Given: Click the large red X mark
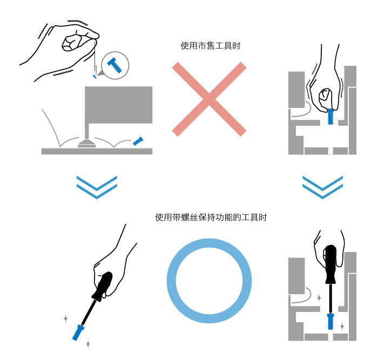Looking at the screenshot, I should tap(209, 98).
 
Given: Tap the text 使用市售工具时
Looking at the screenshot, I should tap(210, 46).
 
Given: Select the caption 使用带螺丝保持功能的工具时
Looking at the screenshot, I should tap(211, 218).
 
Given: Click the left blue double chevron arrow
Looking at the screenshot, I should tap(97, 186).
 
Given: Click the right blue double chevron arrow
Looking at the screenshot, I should tap(322, 186).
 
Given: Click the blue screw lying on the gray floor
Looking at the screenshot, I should tap(138, 141).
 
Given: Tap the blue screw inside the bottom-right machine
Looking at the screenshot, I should tap(330, 323).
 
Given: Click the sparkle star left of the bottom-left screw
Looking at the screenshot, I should tap(66, 318).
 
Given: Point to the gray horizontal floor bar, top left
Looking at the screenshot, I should tap(97, 151).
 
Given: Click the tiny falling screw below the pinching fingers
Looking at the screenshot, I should tap(94, 77).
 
